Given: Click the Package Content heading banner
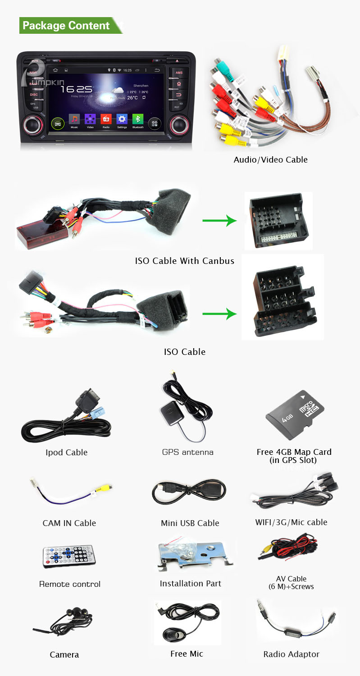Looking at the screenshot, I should click(70, 26).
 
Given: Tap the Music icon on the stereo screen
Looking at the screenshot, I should click(74, 119).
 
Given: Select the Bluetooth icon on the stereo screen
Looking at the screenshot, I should click(138, 119).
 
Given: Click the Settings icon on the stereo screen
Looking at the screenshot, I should click(122, 119).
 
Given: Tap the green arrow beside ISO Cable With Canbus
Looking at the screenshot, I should click(219, 221).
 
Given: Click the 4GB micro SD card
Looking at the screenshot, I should click(296, 414).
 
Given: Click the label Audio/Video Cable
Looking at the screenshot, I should click(270, 159).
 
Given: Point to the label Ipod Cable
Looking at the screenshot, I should click(66, 453).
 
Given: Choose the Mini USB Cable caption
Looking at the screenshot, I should click(190, 523).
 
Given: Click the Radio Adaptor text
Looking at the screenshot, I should click(291, 654).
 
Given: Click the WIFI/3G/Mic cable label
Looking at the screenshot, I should click(291, 522).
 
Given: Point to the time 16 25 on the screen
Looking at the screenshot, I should click(76, 89).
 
